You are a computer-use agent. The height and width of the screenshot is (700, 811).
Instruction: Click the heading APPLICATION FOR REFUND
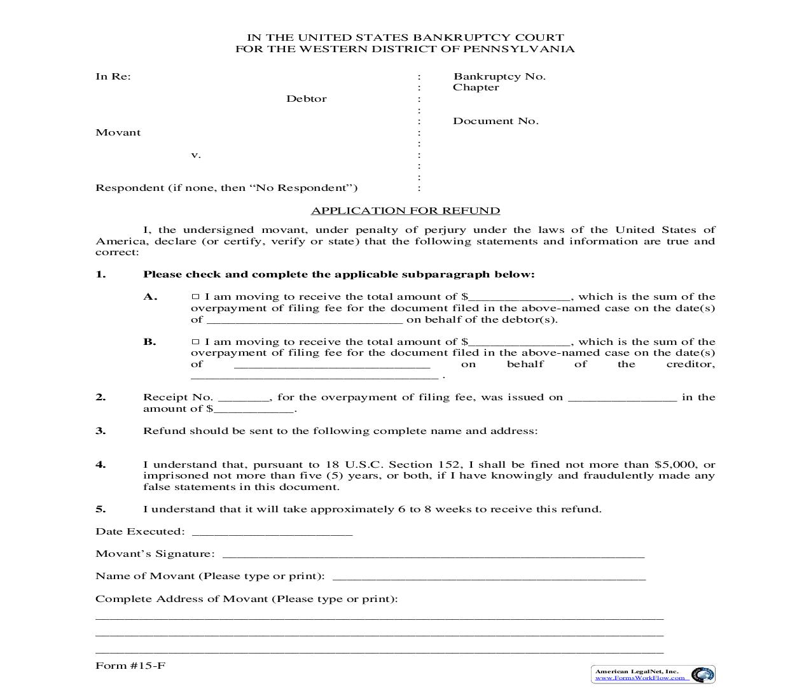[x=405, y=211]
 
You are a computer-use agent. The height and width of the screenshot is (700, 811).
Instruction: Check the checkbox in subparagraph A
[x=196, y=297]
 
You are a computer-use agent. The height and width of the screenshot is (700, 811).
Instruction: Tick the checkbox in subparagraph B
[x=196, y=342]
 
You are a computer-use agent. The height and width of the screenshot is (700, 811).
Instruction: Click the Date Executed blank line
[x=272, y=533]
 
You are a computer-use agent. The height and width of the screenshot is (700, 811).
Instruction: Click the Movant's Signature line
[x=433, y=555]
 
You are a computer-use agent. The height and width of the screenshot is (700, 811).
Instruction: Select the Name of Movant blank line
[x=489, y=577]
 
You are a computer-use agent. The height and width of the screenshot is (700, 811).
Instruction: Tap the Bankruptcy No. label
[x=499, y=76]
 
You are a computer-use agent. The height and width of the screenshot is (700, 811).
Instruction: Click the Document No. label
[x=496, y=121]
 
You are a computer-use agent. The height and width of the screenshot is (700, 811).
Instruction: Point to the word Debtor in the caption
[x=306, y=99]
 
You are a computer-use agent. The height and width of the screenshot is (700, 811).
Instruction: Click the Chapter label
[x=476, y=87]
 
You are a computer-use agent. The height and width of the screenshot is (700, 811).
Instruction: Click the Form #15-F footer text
[x=130, y=666]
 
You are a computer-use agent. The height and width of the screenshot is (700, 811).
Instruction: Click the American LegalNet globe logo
[x=702, y=675]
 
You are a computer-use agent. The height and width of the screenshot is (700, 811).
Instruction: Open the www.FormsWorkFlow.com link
[x=640, y=678]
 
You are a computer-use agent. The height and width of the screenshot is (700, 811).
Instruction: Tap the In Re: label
[x=113, y=76]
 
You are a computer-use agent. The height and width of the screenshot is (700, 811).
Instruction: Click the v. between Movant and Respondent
[x=196, y=155]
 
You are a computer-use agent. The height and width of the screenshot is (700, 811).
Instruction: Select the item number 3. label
[x=101, y=431]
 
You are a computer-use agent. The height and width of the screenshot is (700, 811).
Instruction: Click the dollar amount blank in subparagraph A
[x=520, y=298]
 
